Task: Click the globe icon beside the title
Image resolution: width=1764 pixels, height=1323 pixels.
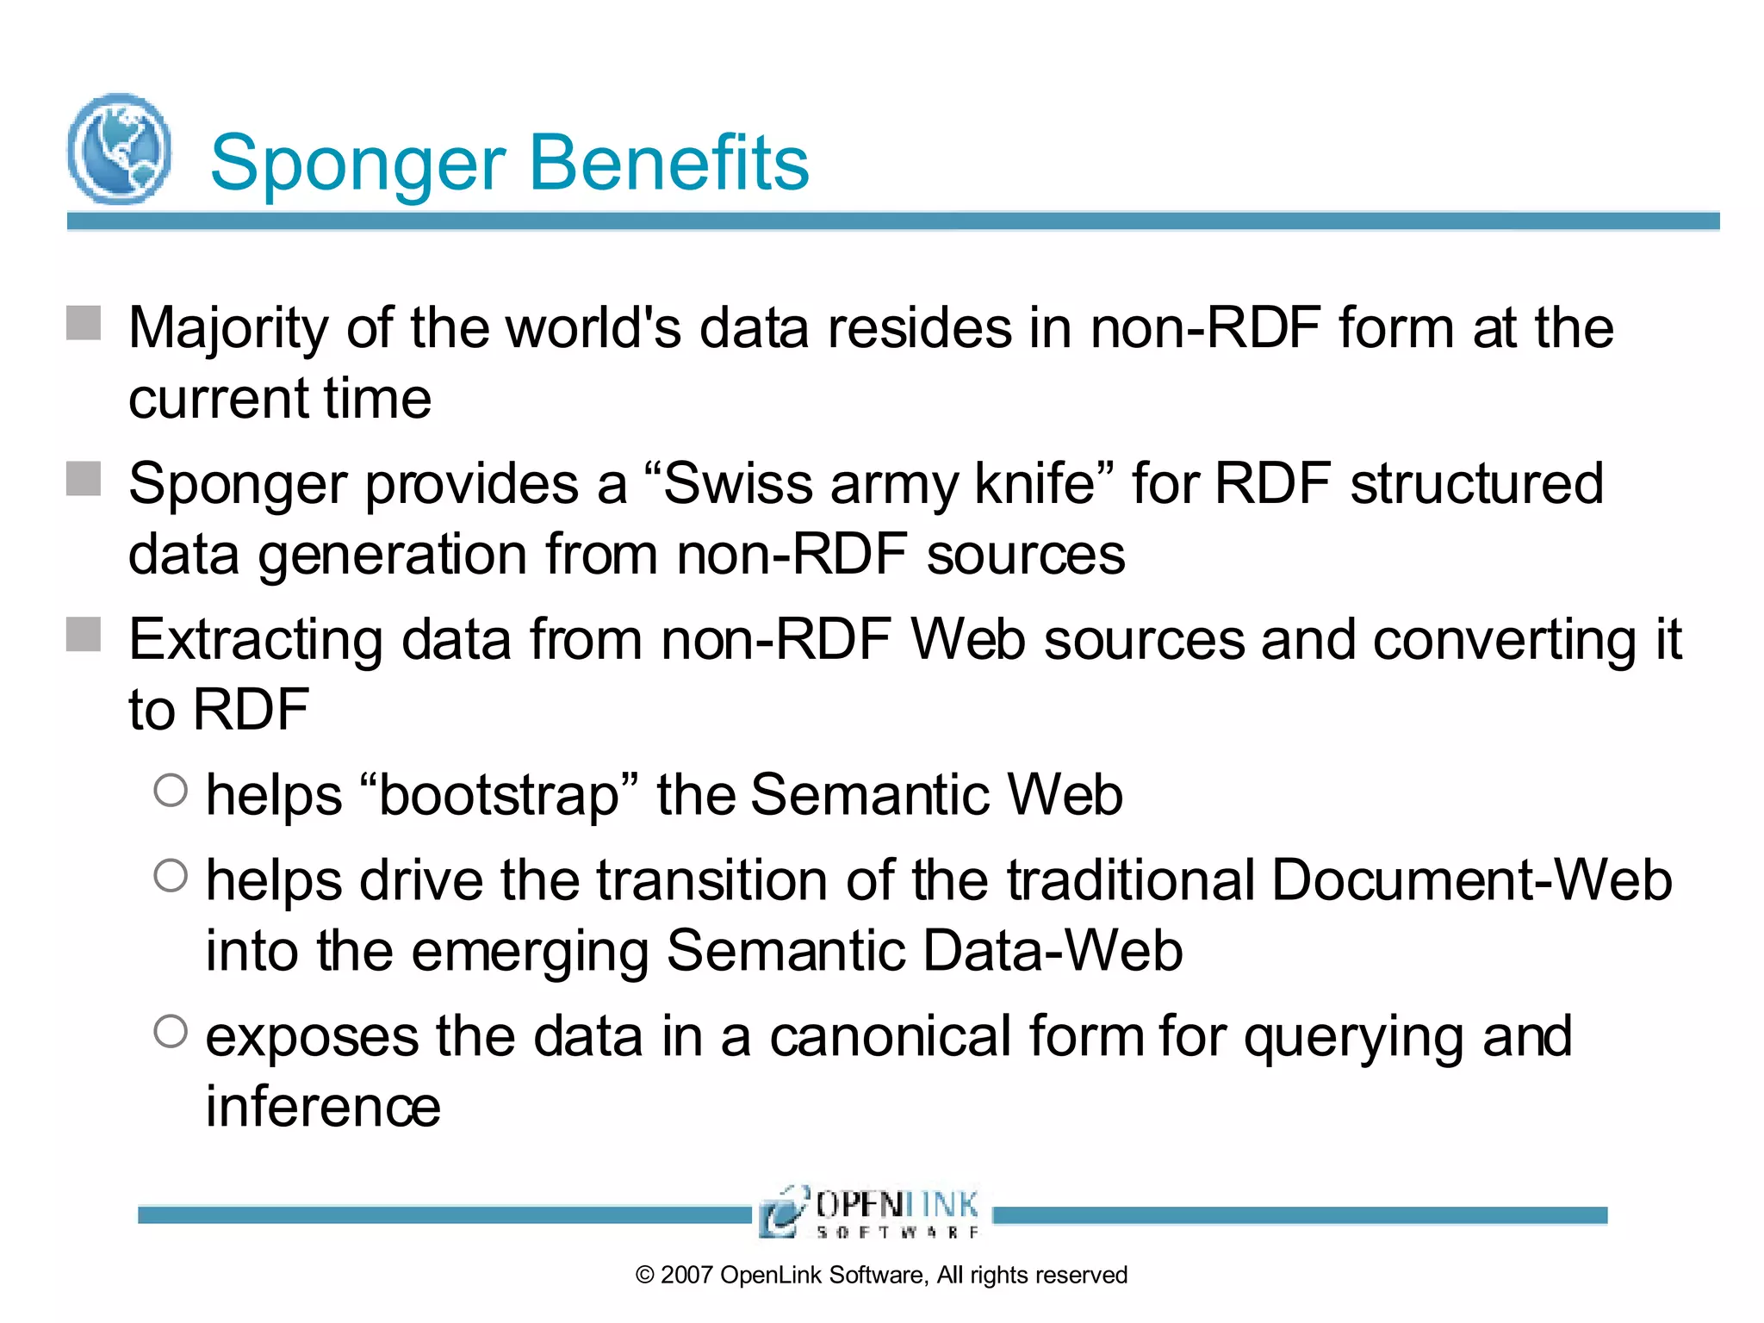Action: tap(119, 149)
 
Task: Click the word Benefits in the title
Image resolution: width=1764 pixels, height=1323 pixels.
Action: tap(669, 163)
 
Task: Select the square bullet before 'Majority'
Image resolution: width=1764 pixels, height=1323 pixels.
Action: tap(84, 324)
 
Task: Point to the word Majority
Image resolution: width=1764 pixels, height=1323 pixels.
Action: tap(228, 330)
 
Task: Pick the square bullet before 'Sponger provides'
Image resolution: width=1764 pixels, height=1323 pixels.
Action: tap(84, 479)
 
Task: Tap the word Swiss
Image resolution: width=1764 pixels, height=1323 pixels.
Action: tap(738, 483)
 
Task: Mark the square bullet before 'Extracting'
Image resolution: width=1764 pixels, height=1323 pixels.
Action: tap(84, 635)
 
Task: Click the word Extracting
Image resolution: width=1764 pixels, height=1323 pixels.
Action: tap(256, 641)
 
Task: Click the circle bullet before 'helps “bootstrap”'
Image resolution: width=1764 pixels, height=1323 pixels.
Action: tap(171, 790)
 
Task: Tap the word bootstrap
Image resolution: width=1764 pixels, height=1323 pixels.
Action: tap(499, 796)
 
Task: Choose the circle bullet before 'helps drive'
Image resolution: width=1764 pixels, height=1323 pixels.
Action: tap(171, 875)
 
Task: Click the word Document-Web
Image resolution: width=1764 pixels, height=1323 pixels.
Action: tap(1471, 880)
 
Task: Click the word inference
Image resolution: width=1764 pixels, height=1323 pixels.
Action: tap(323, 1107)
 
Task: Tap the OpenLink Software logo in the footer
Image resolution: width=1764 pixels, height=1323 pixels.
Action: tap(870, 1212)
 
